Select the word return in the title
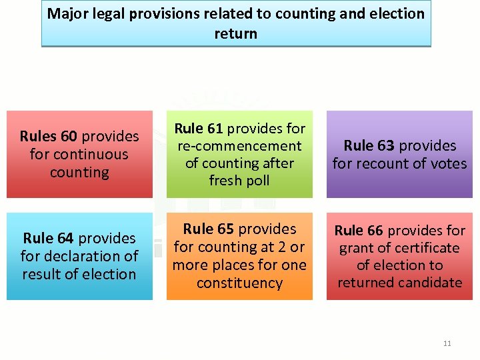[x=236, y=33]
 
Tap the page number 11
[x=447, y=343]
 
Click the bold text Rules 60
[x=48, y=137]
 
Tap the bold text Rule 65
[x=209, y=229]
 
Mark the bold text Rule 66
[x=359, y=231]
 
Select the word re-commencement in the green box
[x=239, y=146]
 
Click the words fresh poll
[x=239, y=181]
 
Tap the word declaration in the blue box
[x=91, y=256]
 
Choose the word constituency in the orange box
[x=239, y=283]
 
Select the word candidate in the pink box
[x=430, y=283]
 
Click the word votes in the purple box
[x=448, y=163]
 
